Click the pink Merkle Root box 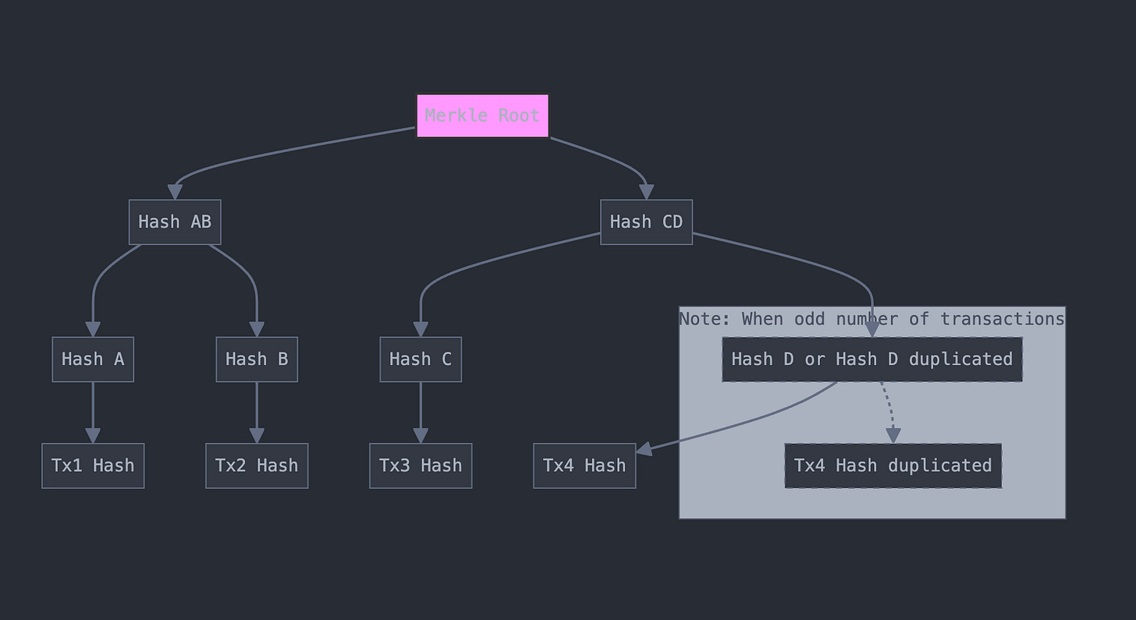point(482,115)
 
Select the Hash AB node point(175,222)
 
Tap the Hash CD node point(646,222)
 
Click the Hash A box point(93,360)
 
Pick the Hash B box point(257,360)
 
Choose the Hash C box point(421,360)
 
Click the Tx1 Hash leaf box point(93,466)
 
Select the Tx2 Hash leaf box point(257,466)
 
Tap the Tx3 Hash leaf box point(421,466)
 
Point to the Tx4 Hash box point(584,466)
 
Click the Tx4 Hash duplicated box point(893,466)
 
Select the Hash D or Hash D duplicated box point(872,360)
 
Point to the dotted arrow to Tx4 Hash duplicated point(888,409)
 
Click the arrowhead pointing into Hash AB point(175,192)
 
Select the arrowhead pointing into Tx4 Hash point(644,448)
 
